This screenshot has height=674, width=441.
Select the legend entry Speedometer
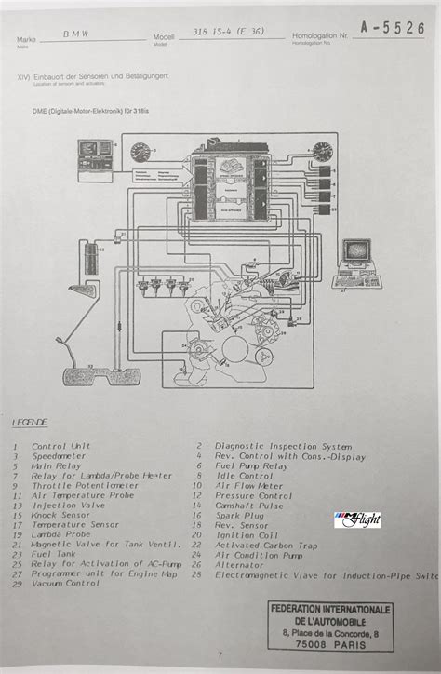point(60,457)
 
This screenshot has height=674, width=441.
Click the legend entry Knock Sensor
point(61,514)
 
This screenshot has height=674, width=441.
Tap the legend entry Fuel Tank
point(55,554)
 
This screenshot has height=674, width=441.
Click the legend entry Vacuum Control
point(65,584)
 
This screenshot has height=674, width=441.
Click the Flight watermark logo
point(357,519)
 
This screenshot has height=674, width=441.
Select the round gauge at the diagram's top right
point(323,152)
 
